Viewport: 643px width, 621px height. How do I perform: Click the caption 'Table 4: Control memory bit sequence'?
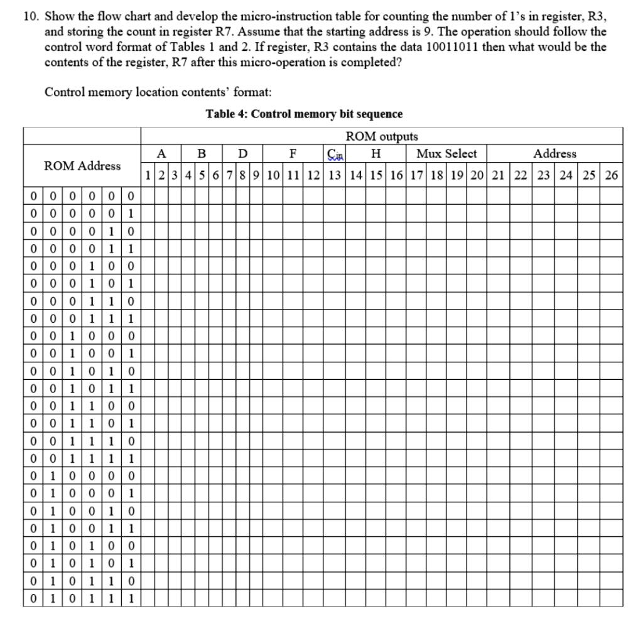[x=304, y=114]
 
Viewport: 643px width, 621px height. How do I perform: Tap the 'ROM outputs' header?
[x=381, y=136]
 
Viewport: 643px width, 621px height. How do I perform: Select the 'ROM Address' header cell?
[x=82, y=166]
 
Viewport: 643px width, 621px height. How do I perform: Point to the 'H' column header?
[x=376, y=154]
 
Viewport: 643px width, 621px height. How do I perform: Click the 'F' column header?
[x=292, y=154]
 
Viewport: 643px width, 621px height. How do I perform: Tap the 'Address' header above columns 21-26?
[x=554, y=154]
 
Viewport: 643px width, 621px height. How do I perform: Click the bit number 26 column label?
[x=611, y=175]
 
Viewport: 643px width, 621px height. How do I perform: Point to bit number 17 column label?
[x=417, y=175]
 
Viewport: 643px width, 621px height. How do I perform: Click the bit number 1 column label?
[x=147, y=175]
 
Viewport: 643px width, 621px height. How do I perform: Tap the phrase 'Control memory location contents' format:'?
[x=158, y=92]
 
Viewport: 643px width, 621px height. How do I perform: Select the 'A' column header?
[x=161, y=154]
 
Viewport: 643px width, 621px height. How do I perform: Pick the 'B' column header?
[x=201, y=154]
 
